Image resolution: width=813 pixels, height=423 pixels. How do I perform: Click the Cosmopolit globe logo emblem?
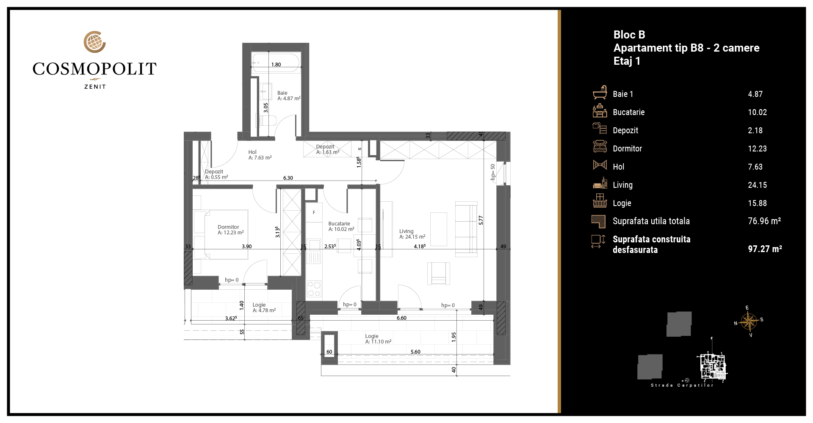pyautogui.click(x=94, y=42)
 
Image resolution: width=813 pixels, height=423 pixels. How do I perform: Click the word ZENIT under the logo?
pyautogui.click(x=95, y=87)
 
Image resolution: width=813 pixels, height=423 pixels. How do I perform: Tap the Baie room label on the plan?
pyautogui.click(x=289, y=96)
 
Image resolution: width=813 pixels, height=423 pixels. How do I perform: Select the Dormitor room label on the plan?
pyautogui.click(x=231, y=230)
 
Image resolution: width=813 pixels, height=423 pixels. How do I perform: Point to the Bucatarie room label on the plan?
pyautogui.click(x=341, y=226)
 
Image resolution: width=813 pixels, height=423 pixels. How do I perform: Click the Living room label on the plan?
pyautogui.click(x=412, y=234)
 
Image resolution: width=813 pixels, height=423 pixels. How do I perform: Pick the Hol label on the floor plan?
pyautogui.click(x=260, y=155)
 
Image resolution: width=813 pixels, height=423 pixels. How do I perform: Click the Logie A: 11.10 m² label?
pyautogui.click(x=378, y=339)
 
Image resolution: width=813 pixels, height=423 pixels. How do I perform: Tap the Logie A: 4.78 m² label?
pyautogui.click(x=264, y=308)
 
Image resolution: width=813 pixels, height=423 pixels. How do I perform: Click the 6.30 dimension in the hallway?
pyautogui.click(x=288, y=178)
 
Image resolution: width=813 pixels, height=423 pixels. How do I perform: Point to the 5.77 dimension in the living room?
pyautogui.click(x=481, y=220)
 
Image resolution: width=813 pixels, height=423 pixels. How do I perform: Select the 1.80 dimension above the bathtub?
pyautogui.click(x=276, y=65)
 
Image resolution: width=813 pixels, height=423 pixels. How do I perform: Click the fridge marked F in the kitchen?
pyautogui.click(x=314, y=212)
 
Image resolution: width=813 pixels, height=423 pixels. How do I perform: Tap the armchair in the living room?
pyautogui.click(x=439, y=273)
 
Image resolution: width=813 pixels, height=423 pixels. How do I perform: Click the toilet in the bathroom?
pyautogui.click(x=267, y=120)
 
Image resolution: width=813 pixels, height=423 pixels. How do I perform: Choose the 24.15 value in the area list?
pyautogui.click(x=758, y=185)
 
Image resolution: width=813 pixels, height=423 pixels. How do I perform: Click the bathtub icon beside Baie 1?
pyautogui.click(x=600, y=92)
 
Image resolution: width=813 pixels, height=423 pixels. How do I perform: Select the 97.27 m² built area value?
pyautogui.click(x=765, y=249)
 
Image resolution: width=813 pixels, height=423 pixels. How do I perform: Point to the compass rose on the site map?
pyautogui.click(x=749, y=321)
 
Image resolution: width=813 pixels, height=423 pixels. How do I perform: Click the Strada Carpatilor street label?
pyautogui.click(x=682, y=385)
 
